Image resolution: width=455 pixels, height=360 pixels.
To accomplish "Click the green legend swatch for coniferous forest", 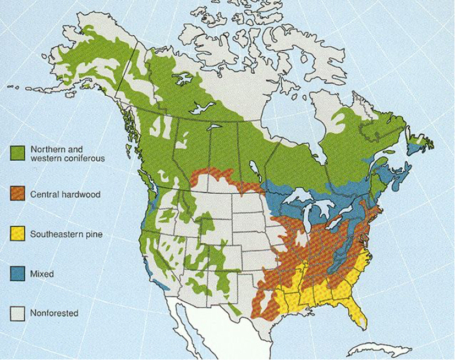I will [18, 154].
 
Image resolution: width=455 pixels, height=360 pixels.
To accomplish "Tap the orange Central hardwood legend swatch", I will [18, 194].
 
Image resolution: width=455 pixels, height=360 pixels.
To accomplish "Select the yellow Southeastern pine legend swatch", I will [18, 234].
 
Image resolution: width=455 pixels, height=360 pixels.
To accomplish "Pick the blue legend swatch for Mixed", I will [18, 274].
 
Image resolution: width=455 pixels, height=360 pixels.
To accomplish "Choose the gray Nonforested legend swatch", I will [18, 313].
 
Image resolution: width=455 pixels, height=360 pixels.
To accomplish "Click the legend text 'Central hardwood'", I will [65, 194].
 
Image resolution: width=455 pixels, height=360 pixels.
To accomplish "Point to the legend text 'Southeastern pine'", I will [67, 234].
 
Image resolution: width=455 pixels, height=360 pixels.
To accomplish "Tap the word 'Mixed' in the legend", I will [42, 274].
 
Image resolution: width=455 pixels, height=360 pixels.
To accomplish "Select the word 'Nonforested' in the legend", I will [54, 313].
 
